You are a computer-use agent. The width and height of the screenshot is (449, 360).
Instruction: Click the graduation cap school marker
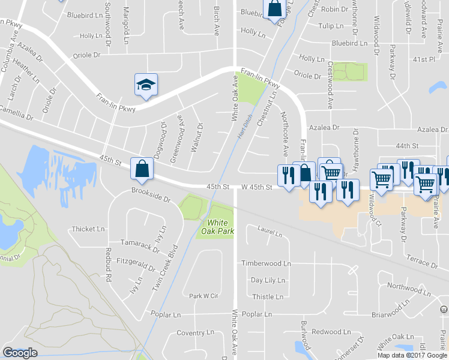click(x=145, y=85)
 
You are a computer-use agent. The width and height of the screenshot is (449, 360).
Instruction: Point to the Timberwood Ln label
click(x=266, y=263)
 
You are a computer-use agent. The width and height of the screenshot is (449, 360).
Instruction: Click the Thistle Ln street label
click(x=267, y=297)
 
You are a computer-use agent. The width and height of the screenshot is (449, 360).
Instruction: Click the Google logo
click(x=20, y=353)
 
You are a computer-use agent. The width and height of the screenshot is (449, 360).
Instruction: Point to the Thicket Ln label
click(x=88, y=229)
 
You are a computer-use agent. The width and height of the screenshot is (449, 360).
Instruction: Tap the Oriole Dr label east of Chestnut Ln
click(x=307, y=76)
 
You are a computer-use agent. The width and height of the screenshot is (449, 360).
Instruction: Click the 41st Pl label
click(x=423, y=59)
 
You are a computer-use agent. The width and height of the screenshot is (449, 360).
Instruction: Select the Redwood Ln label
click(x=331, y=332)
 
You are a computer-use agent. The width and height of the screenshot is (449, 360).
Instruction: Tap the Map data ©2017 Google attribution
click(x=412, y=355)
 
